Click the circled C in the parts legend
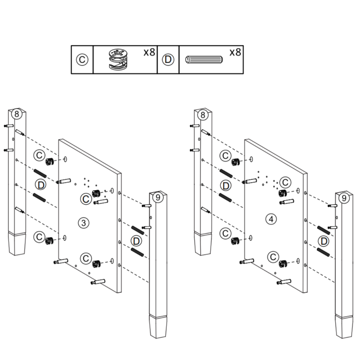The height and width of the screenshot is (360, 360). [x=82, y=60]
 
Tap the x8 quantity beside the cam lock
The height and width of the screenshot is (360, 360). [x=149, y=53]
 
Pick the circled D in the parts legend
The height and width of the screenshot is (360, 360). [x=168, y=60]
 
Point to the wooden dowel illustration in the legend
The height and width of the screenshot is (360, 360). [x=204, y=59]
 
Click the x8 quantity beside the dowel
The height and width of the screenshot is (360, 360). [x=235, y=53]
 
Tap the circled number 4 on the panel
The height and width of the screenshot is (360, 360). [x=271, y=219]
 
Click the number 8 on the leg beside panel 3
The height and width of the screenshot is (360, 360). [x=17, y=114]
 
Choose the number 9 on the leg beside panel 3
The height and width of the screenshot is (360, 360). [x=157, y=197]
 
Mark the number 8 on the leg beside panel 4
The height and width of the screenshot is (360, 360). [x=202, y=115]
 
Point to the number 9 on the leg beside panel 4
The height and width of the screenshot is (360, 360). [x=343, y=198]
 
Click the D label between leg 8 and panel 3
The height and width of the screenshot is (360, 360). [x=41, y=184]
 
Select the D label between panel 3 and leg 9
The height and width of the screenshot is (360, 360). [x=136, y=241]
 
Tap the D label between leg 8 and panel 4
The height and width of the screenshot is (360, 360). [x=226, y=185]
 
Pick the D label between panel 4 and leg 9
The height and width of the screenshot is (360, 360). [x=323, y=241]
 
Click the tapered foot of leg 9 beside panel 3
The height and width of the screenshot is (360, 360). [x=158, y=327]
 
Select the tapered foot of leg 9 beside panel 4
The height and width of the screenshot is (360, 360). [x=343, y=327]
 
